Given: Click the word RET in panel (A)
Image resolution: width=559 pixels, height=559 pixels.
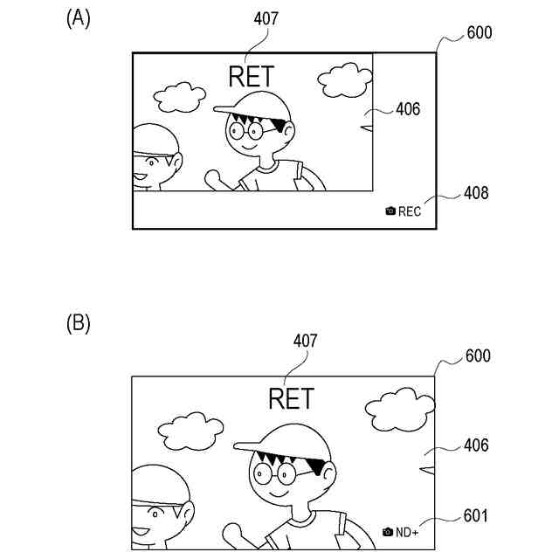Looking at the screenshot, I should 251,77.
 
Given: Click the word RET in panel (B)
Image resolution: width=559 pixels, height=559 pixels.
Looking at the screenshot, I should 290,399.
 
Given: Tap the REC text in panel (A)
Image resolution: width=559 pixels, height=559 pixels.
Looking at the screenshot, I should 411,211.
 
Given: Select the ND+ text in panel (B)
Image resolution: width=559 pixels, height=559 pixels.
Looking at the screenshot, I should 407,532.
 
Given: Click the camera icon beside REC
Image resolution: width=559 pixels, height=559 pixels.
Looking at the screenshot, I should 390,211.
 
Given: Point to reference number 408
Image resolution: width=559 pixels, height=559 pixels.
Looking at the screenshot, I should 477,193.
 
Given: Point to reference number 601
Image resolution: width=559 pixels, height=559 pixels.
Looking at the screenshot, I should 476,516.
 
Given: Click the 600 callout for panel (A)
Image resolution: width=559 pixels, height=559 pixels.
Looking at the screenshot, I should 480,33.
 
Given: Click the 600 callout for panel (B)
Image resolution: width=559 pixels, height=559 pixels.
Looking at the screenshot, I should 478,355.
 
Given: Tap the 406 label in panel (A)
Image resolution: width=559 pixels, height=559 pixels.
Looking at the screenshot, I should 408,109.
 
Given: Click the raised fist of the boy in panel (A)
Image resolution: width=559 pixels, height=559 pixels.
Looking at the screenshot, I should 212,177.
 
